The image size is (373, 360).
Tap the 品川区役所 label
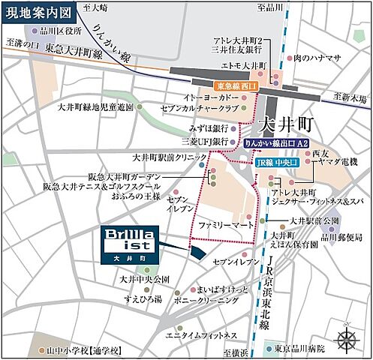tap(62, 31)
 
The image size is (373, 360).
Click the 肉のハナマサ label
tap(318, 57)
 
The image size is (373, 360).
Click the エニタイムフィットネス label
tap(202, 334)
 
